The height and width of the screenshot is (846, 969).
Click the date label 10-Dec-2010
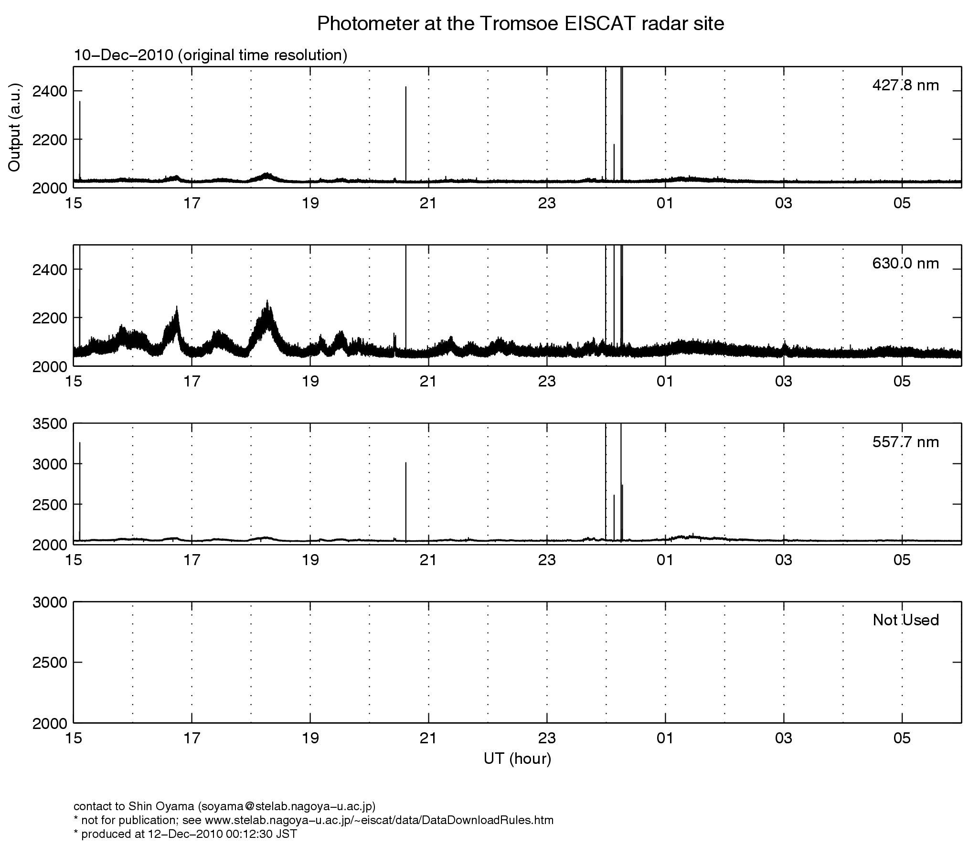pos(123,55)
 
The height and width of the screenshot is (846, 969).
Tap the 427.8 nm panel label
pos(905,86)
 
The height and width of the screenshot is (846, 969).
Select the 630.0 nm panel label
pos(905,263)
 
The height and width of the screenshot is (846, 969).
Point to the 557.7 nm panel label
pos(905,442)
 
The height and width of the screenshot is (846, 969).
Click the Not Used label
pos(905,620)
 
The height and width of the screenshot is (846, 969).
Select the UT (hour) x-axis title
pos(517,759)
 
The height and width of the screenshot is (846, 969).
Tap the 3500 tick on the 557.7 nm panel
pos(50,424)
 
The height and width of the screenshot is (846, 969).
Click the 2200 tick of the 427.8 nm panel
pos(50,139)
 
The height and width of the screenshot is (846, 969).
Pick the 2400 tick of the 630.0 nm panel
pos(50,269)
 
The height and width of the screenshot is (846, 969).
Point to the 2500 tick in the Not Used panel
pos(50,662)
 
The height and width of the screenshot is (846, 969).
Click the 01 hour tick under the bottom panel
pos(665,739)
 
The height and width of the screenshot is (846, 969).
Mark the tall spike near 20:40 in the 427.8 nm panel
pos(406,134)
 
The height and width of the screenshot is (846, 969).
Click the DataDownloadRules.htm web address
pos(379,820)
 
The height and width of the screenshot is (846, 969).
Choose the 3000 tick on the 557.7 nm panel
pos(50,464)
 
